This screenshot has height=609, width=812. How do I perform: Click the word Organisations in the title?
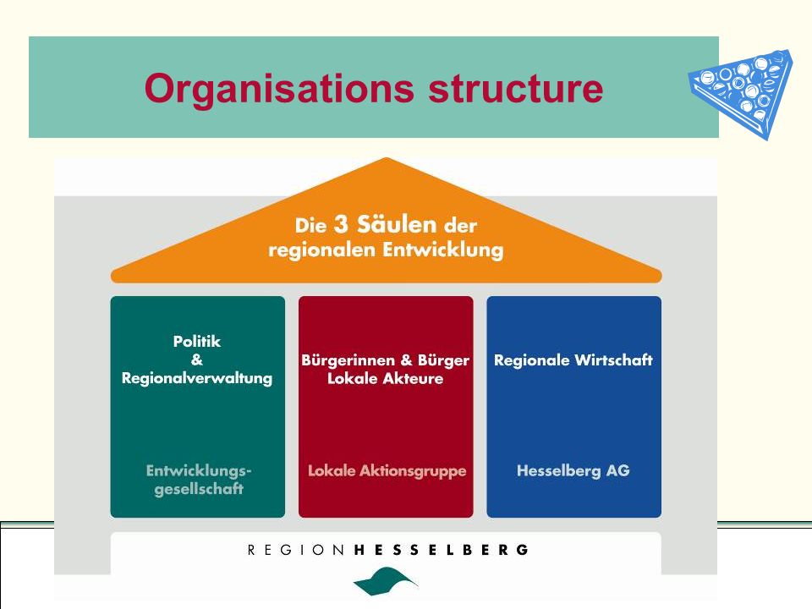[279, 89]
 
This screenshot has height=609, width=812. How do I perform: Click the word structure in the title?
[516, 88]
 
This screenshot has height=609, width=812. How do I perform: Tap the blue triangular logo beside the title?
[741, 93]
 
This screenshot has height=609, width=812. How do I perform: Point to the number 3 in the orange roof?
[341, 224]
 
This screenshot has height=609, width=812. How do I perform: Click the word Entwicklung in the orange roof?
[442, 250]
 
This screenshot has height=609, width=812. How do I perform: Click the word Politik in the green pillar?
[197, 341]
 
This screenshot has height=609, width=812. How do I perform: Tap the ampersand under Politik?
[197, 359]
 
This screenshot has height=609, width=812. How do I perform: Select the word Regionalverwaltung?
[197, 378]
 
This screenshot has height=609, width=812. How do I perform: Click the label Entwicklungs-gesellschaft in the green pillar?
[198, 480]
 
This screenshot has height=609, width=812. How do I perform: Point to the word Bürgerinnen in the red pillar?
[347, 360]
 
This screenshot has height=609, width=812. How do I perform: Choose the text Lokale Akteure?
[386, 378]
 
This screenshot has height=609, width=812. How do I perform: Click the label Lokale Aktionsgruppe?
[387, 471]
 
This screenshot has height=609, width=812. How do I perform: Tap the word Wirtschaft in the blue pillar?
[614, 360]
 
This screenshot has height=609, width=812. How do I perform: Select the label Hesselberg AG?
[573, 470]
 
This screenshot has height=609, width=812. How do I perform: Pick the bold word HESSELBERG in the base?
[442, 550]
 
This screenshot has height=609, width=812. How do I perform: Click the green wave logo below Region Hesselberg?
[386, 580]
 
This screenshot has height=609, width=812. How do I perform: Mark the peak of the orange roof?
[387, 158]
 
